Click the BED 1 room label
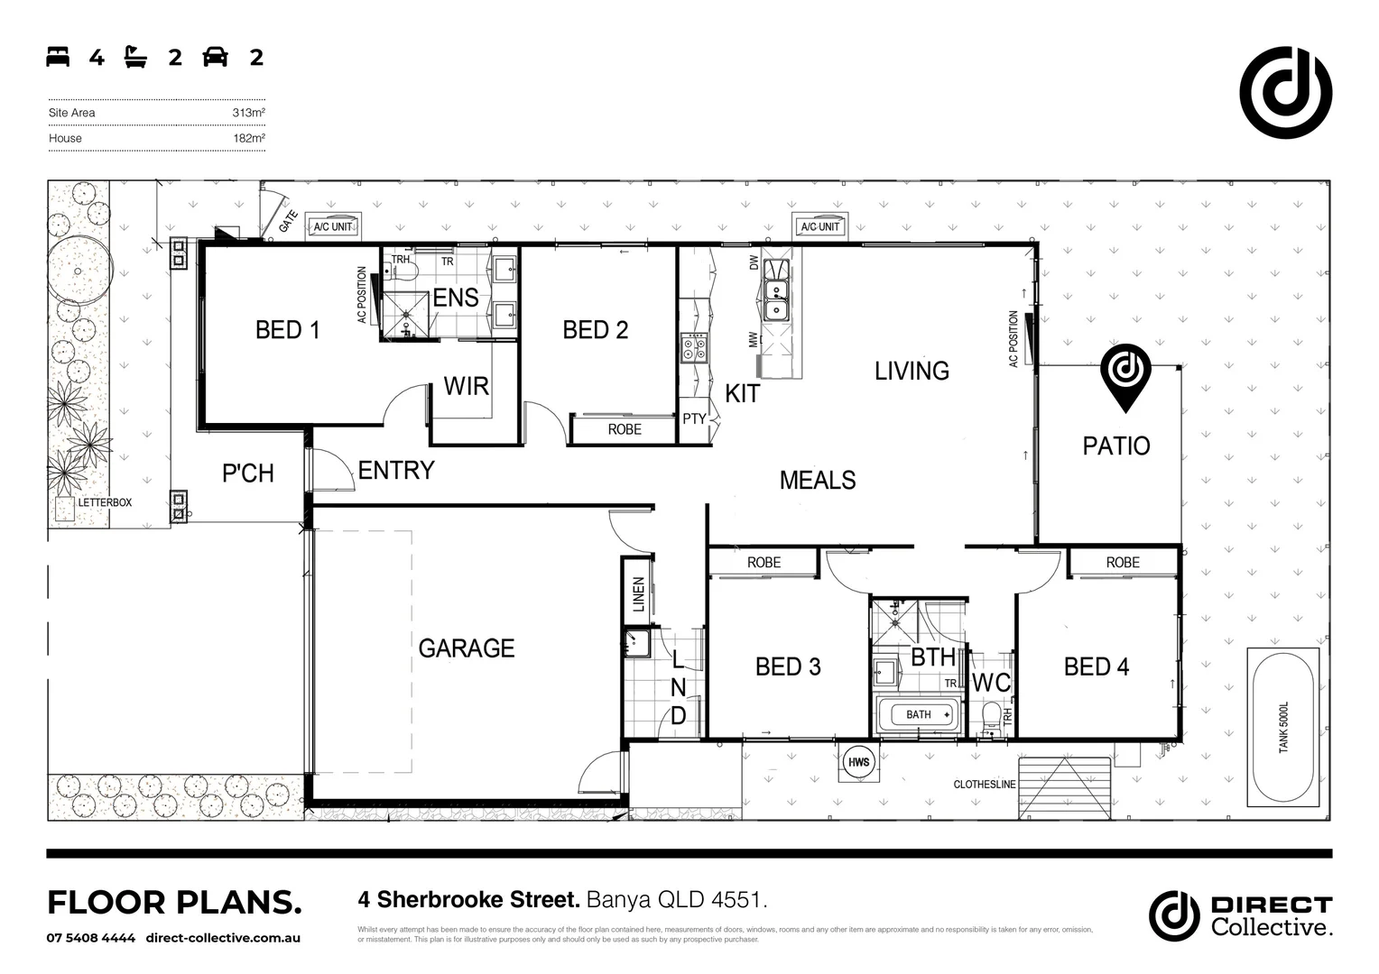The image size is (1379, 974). coord(287,330)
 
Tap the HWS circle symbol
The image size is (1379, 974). coord(858,762)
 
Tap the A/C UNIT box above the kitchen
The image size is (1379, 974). coord(819,226)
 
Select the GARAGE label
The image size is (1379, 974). coord(466,648)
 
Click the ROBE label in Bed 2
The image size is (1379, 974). coord(624,429)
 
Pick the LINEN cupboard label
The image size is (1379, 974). coord(639,594)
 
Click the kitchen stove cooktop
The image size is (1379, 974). coord(692,347)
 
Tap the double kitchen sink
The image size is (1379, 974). coord(775,299)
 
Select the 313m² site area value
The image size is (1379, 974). coord(248,113)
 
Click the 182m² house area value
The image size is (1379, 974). coord(248,138)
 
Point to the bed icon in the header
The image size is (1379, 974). coord(58,58)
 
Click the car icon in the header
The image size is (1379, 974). coord(215,58)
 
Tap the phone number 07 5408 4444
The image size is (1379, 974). coord(90,938)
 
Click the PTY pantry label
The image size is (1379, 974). coord(694,419)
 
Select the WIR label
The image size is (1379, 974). coord(466,387)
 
